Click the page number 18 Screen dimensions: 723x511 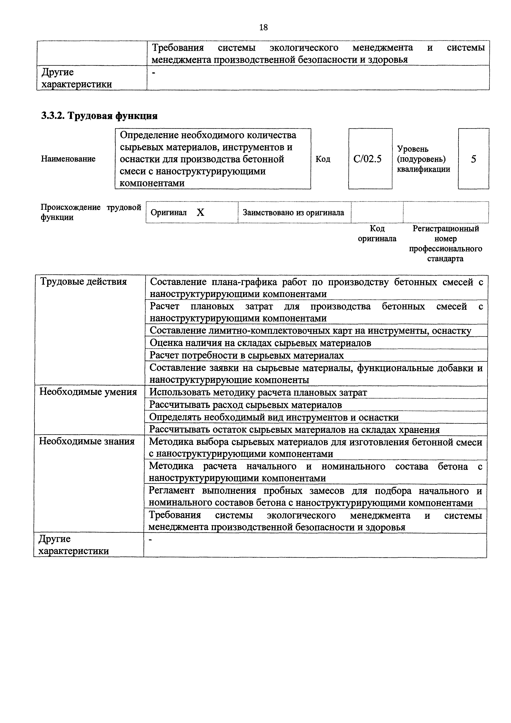pos(263,27)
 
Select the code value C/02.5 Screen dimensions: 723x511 pos(367,159)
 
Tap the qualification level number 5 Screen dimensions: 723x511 pos(473,159)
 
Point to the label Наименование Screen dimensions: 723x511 pos(68,159)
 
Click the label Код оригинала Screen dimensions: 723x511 pos(377,233)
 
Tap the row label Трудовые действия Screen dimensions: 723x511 pos(83,282)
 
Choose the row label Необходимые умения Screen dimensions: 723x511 pos(88,392)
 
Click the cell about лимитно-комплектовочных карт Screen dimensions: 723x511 pos(310,330)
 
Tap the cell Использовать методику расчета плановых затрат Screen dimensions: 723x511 pos(258,392)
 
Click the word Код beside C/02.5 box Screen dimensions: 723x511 pos(323,159)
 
